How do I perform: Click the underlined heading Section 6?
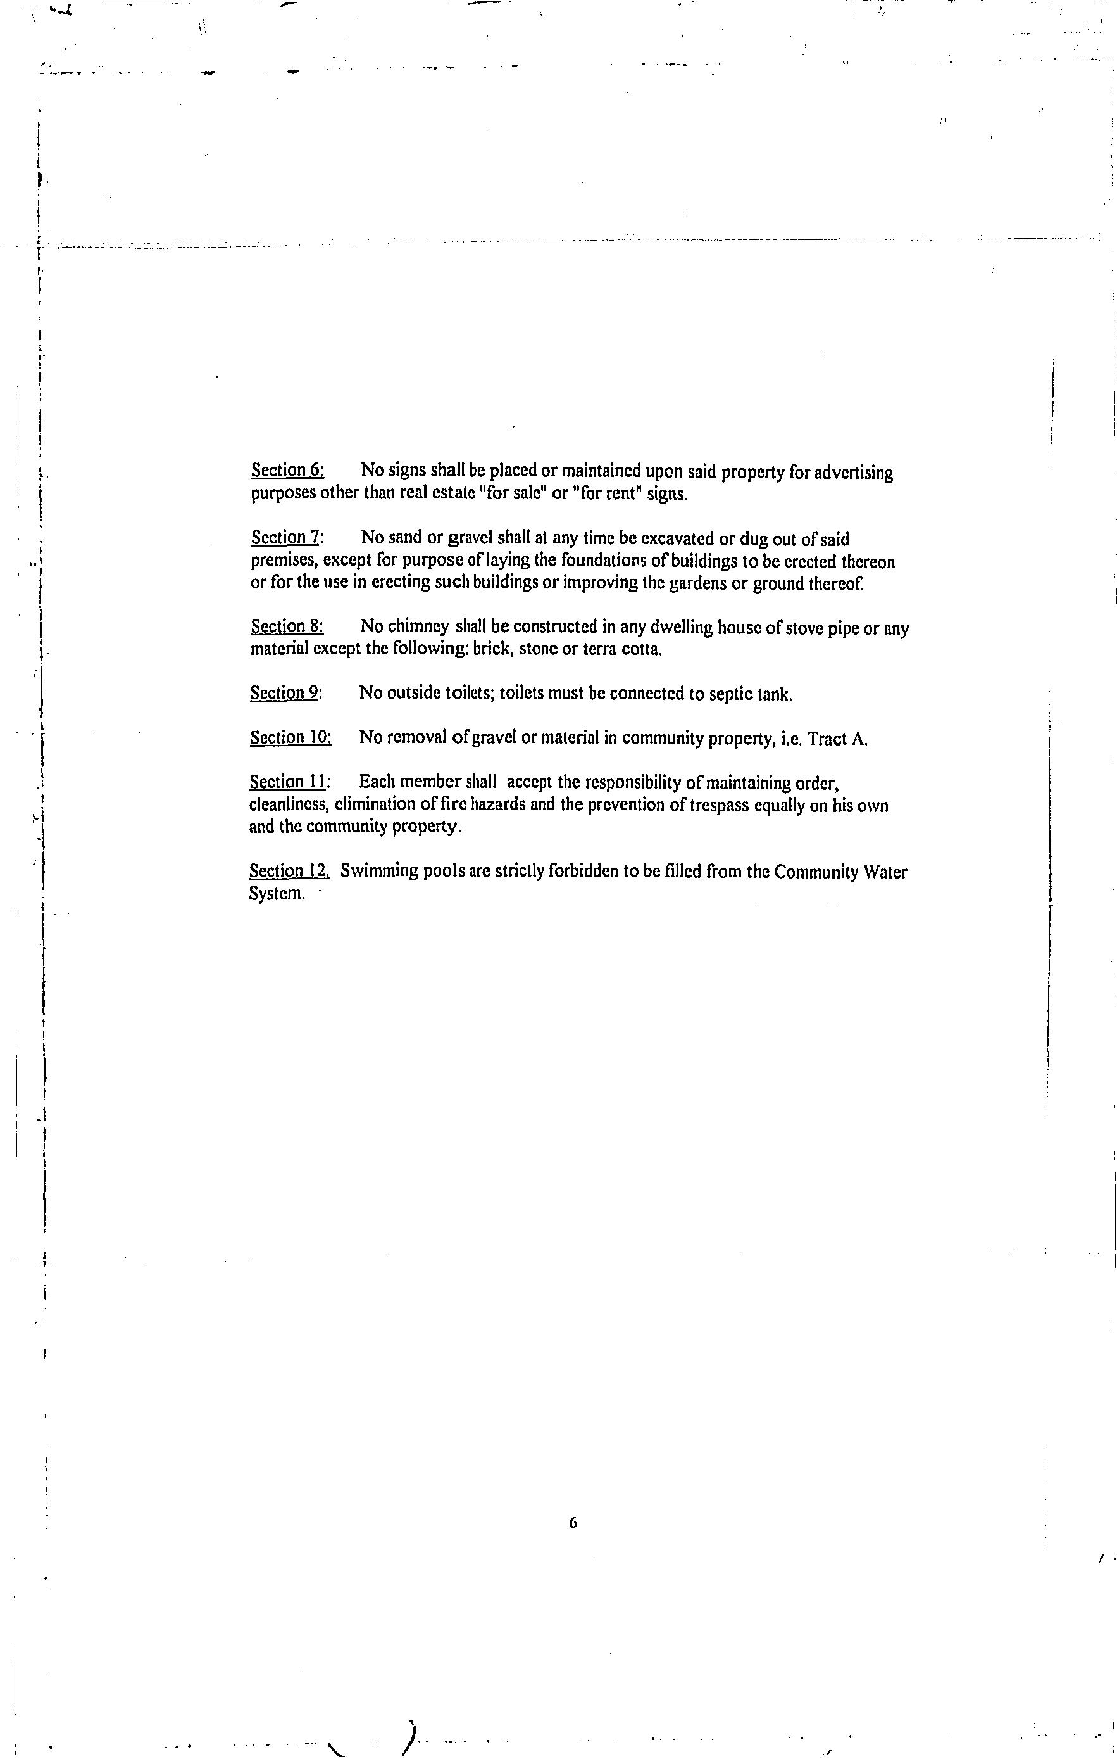287,470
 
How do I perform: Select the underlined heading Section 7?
286,538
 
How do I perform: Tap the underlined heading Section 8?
287,626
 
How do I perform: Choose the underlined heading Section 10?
290,737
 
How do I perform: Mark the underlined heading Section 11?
289,782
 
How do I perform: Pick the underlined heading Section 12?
289,870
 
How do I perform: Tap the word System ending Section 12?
276,893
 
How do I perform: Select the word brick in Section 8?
490,649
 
